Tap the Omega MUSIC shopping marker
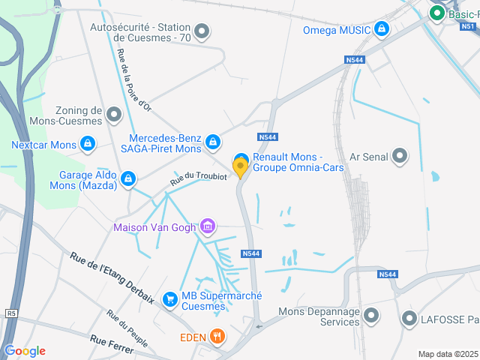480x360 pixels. [382, 30]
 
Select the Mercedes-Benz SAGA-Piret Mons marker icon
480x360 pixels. [213, 141]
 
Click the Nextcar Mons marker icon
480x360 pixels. [88, 144]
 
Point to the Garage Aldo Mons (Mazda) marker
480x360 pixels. [128, 178]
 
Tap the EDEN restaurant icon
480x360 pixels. [217, 337]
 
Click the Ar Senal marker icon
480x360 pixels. [400, 156]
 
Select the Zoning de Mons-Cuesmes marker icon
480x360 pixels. [113, 115]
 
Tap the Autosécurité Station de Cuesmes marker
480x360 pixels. [201, 31]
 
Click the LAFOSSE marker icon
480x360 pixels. [409, 319]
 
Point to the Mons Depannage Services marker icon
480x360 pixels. [370, 316]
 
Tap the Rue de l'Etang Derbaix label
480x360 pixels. [112, 278]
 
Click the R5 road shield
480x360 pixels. [10, 313]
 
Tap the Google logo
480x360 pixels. [25, 351]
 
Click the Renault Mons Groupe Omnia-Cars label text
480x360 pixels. [298, 162]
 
